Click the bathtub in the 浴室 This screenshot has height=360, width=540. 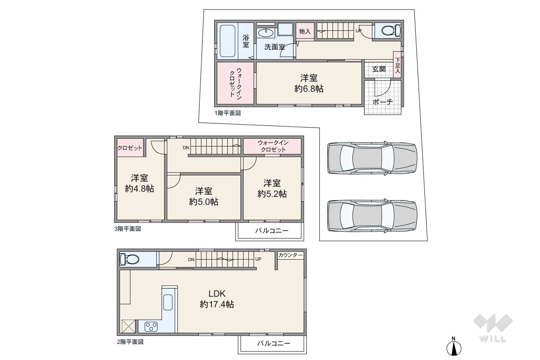click(227, 41)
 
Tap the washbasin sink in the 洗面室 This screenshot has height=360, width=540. click(265, 33)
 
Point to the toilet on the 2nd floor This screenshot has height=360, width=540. click(129, 259)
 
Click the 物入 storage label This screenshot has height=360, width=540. click(305, 31)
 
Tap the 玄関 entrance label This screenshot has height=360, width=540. click(379, 69)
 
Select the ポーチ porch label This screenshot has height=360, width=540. click(382, 102)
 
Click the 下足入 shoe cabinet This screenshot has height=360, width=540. click(397, 65)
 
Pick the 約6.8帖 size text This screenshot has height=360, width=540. click(309, 89)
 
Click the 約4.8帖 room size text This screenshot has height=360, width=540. click(139, 189)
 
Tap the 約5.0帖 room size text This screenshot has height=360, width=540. click(204, 201)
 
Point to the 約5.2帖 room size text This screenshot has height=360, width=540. click(272, 194)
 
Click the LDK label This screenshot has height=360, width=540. click(217, 294)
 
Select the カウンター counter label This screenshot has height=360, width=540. click(290, 255)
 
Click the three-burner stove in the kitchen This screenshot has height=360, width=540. click(151, 327)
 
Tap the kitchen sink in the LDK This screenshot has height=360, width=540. click(168, 302)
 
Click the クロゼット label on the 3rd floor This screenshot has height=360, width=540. click(130, 148)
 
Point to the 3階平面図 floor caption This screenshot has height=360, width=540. click(128, 229)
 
